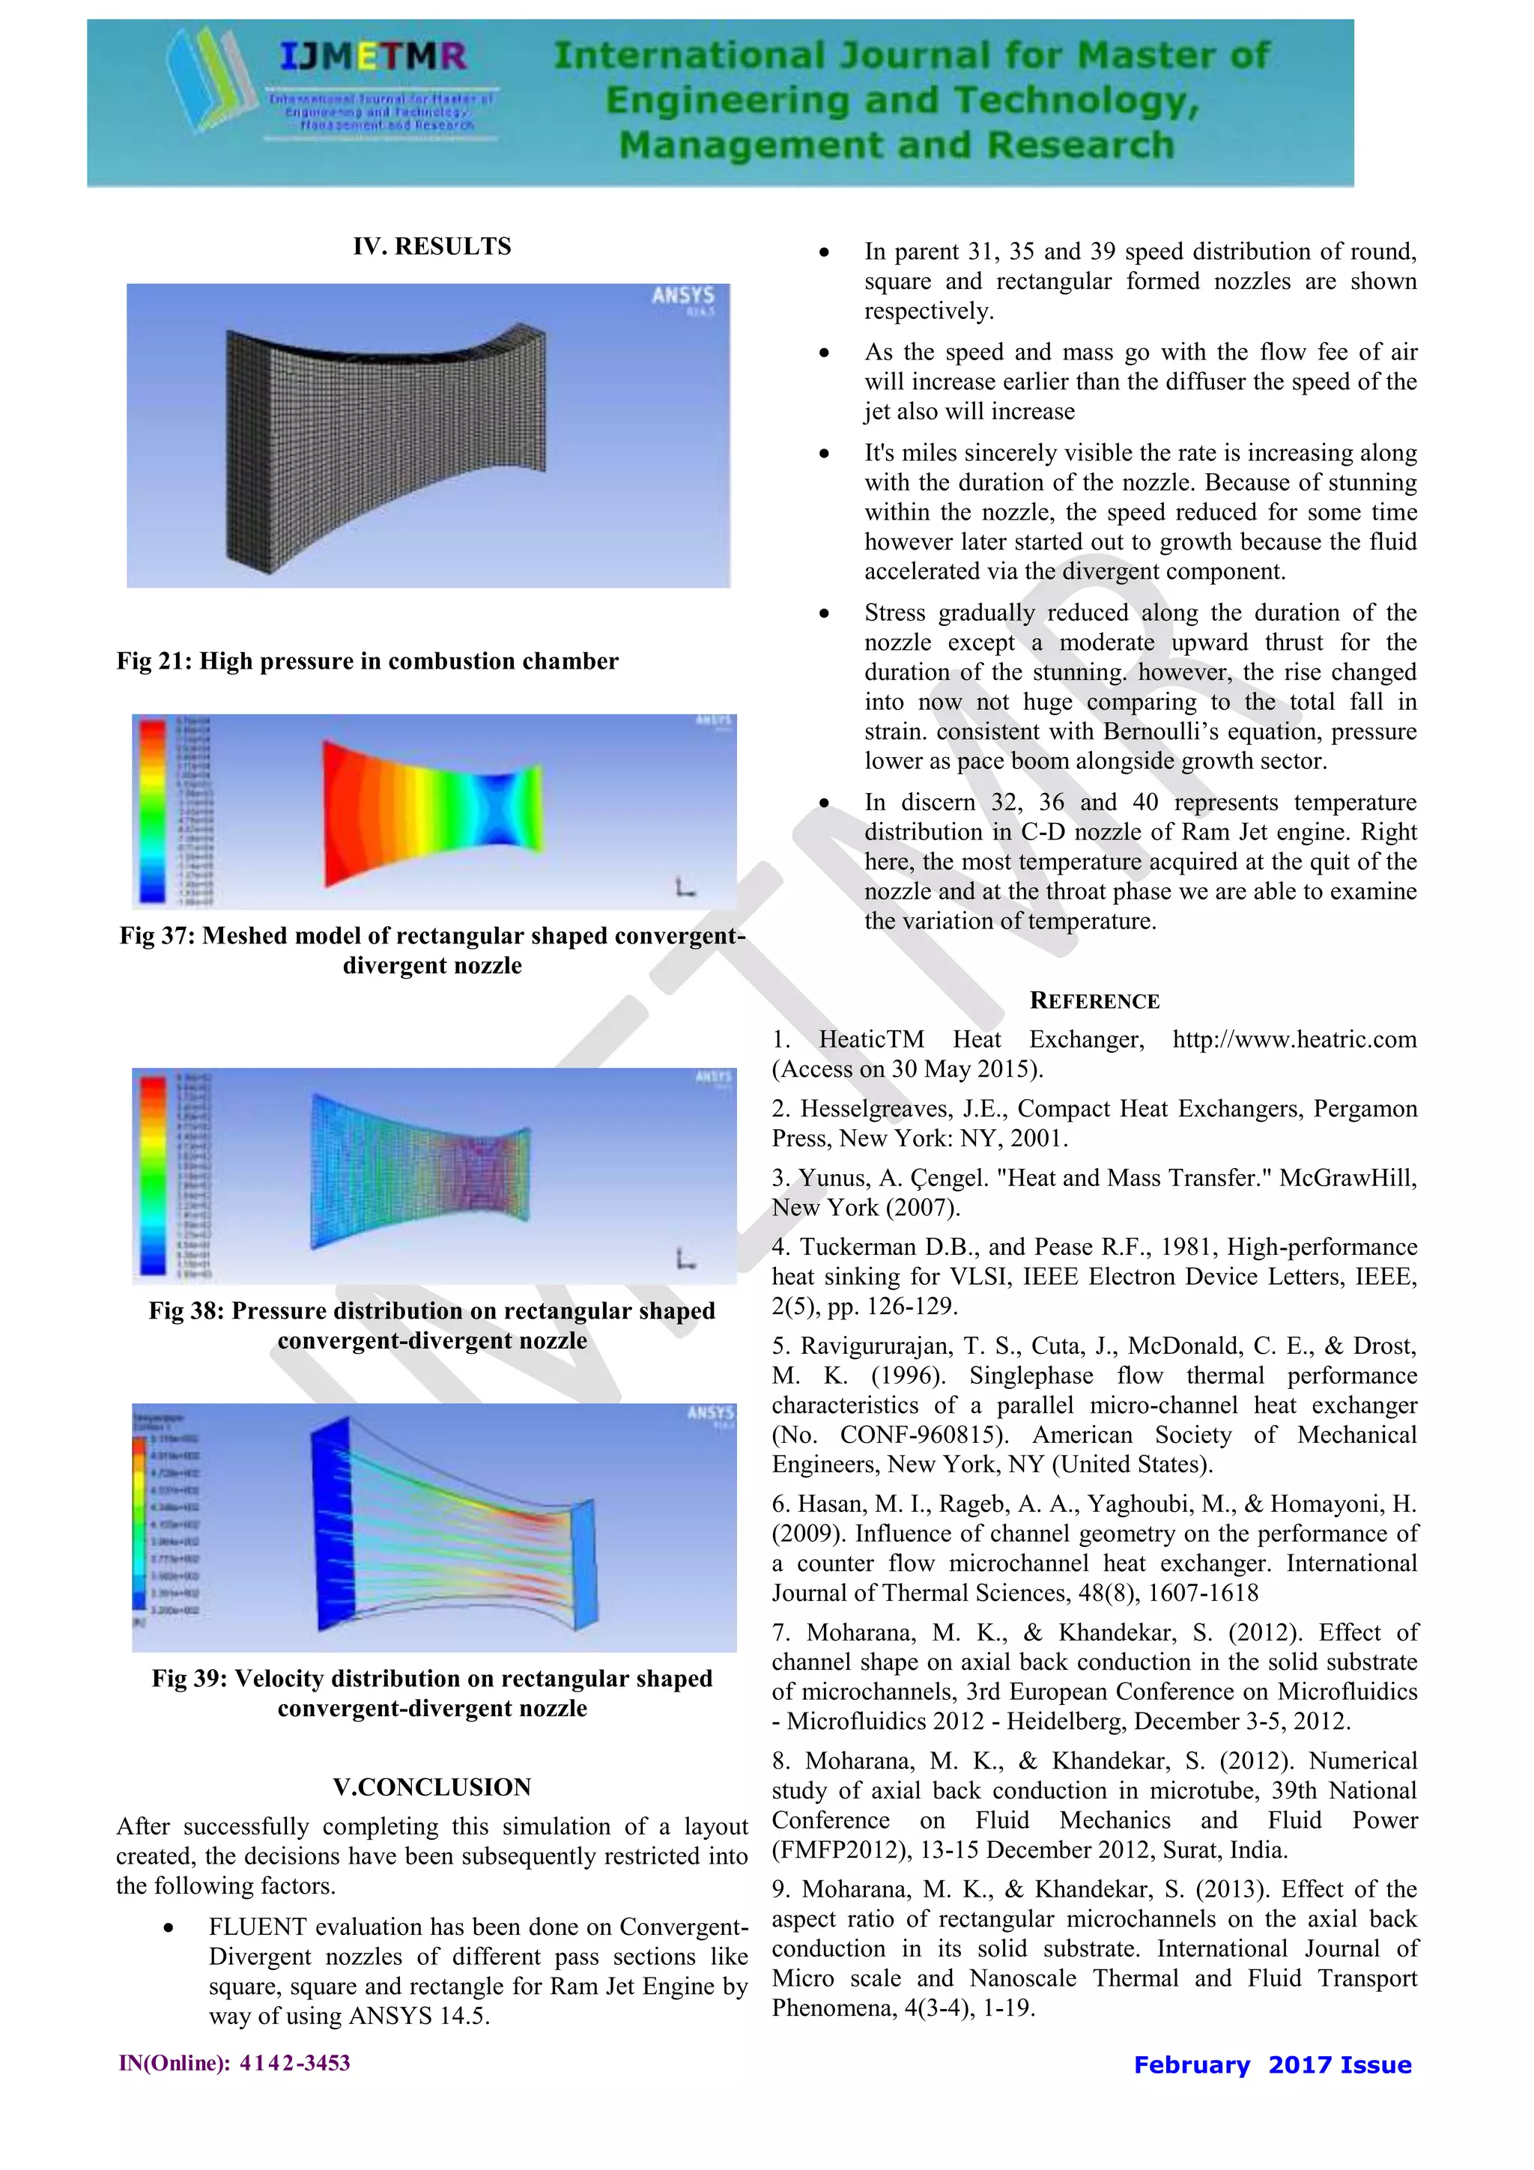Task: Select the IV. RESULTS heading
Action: pyautogui.click(x=432, y=246)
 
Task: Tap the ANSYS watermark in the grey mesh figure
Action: pyautogui.click(x=682, y=296)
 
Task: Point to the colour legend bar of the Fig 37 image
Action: pyautogui.click(x=151, y=810)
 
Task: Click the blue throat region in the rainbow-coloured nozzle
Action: pyautogui.click(x=501, y=808)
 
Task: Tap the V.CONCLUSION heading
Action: pyautogui.click(x=432, y=1787)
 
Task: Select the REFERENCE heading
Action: pyautogui.click(x=1094, y=1001)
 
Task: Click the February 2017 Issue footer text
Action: pyautogui.click(x=1272, y=2065)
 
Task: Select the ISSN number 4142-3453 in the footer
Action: pyautogui.click(x=294, y=2063)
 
